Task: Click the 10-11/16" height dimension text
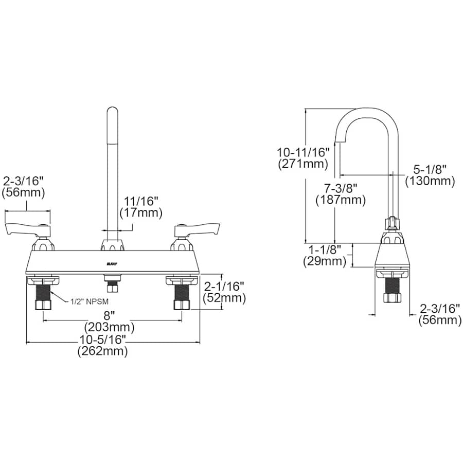[303, 153]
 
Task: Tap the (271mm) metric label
[303, 164]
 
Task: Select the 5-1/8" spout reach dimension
[430, 170]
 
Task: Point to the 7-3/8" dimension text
[341, 188]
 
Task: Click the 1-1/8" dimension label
[325, 250]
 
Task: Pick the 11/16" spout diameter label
[141, 201]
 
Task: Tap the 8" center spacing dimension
[109, 315]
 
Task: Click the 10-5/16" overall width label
[103, 340]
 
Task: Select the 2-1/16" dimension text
[224, 286]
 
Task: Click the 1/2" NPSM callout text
[90, 301]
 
